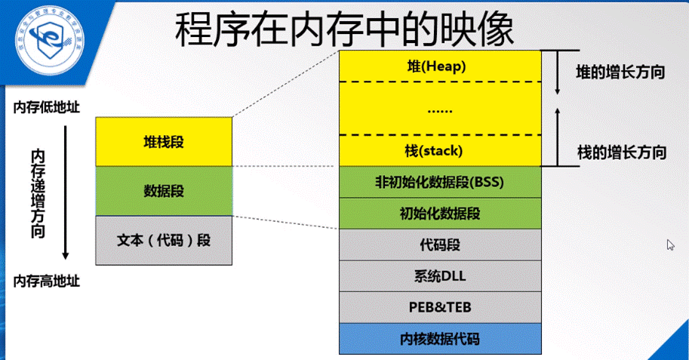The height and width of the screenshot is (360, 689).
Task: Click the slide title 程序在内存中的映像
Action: tap(344, 30)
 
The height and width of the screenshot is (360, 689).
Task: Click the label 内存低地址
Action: tap(46, 108)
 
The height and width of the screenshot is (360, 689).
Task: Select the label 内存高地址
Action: tap(46, 282)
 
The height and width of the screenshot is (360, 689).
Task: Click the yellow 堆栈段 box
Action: tap(164, 142)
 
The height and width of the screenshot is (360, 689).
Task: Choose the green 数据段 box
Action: tap(164, 190)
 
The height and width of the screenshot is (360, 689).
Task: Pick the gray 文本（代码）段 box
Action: tap(164, 240)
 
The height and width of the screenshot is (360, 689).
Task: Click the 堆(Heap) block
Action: tap(440, 66)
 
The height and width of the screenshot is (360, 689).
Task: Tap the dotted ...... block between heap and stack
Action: tap(440, 109)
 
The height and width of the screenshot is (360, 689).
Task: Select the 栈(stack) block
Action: tap(440, 151)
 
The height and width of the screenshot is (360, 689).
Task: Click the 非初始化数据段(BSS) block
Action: tap(440, 183)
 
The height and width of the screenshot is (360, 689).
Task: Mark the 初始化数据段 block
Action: tap(440, 214)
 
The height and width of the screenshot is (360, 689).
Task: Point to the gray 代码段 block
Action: tap(440, 245)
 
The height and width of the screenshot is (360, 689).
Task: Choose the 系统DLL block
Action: tap(440, 275)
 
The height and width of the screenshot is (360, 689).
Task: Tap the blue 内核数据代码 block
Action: tap(440, 338)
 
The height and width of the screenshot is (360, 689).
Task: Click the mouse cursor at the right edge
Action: tap(669, 245)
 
